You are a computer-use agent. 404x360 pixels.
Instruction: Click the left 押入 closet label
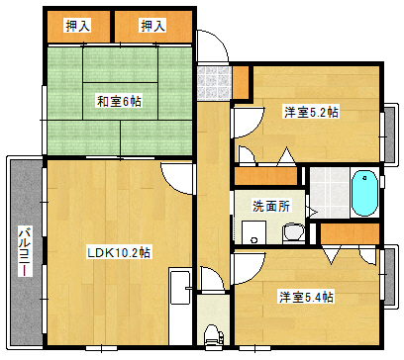coord(78,26)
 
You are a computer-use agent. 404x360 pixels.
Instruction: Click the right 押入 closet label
coord(152,26)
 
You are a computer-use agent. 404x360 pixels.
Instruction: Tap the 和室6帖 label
coord(118,101)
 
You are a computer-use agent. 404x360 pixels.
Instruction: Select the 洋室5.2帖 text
coord(310,113)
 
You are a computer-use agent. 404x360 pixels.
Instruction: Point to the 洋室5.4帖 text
coord(304,297)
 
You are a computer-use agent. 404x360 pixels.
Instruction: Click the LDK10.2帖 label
coord(118,252)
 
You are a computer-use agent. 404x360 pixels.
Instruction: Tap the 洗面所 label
coord(270,208)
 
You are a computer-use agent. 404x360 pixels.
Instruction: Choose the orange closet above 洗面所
coord(265,177)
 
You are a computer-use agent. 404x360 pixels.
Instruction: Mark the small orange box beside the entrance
coord(241,81)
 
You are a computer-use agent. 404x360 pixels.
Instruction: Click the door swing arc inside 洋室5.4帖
coord(251,265)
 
